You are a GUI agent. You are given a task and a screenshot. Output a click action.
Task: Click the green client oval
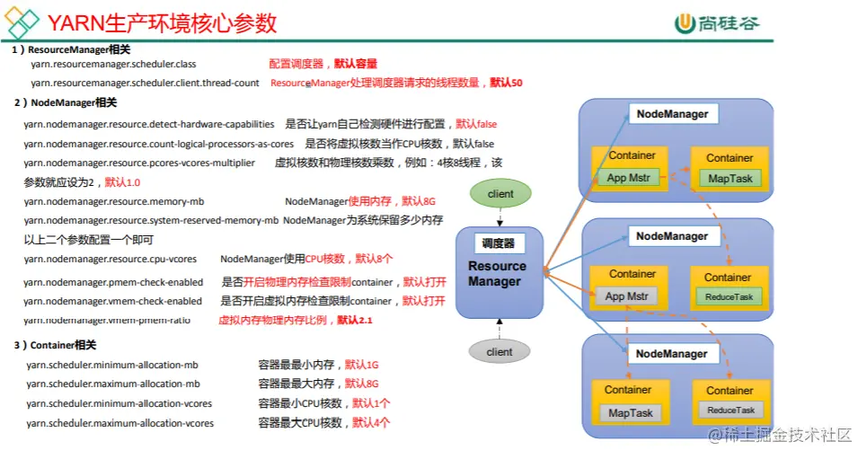(500, 194)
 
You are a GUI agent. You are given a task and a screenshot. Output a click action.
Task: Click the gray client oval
(500, 352)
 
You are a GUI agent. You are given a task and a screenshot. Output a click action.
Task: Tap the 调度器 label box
(498, 243)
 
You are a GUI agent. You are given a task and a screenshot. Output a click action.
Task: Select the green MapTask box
(730, 179)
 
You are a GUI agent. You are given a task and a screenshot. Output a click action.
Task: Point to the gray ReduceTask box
(730, 410)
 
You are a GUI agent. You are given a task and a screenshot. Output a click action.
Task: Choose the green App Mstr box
(629, 177)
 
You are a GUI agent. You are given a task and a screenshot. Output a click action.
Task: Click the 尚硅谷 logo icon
(686, 22)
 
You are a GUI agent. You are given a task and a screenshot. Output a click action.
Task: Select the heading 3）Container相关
(55, 345)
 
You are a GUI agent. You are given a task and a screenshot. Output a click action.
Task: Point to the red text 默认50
(506, 83)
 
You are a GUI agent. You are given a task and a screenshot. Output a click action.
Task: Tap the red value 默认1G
(361, 365)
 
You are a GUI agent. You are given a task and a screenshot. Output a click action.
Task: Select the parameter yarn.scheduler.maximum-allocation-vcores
(119, 423)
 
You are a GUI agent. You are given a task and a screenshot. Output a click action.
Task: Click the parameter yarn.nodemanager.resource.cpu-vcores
(111, 259)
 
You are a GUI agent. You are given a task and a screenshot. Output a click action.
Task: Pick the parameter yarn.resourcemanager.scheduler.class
(113, 65)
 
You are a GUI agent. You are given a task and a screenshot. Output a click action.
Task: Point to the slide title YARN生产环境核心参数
(162, 22)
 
